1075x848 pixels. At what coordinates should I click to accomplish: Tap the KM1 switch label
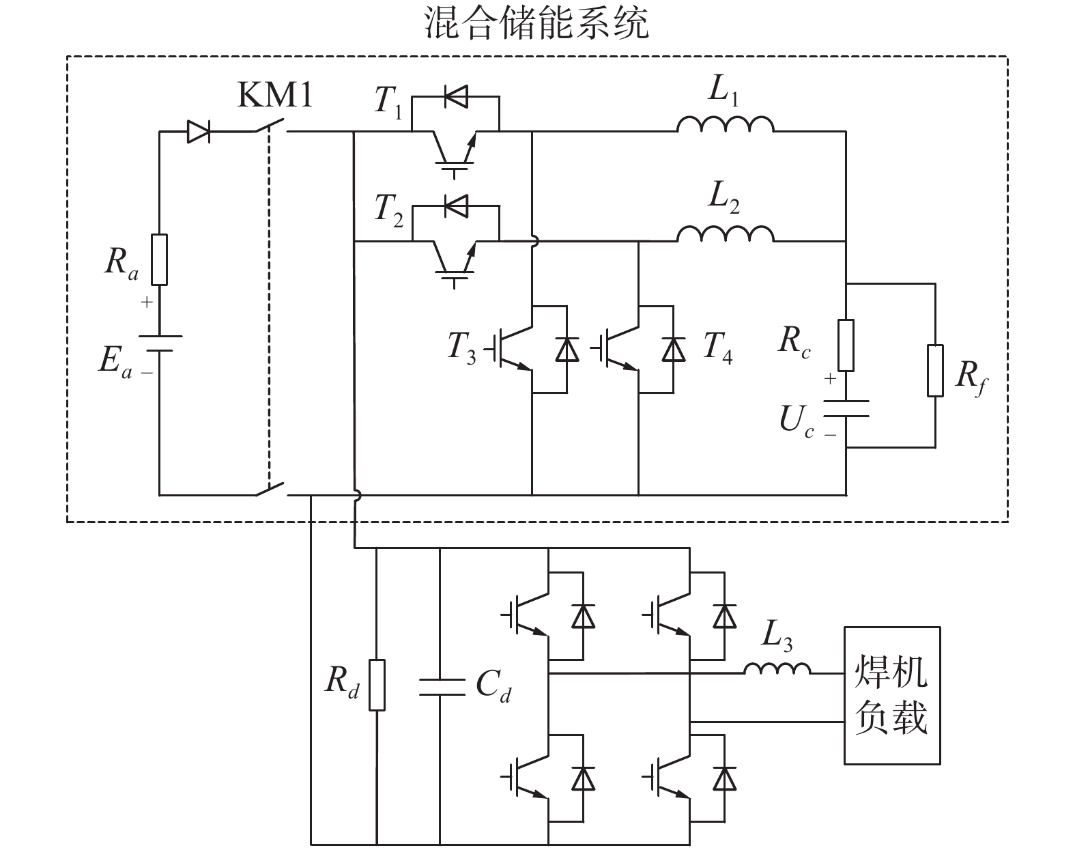274,96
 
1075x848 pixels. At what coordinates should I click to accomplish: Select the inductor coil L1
725,124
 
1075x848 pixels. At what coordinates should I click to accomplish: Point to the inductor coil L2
725,234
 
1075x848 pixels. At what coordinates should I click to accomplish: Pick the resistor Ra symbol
159,259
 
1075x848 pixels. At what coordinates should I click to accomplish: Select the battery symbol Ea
159,343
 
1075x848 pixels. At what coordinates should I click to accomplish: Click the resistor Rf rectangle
935,371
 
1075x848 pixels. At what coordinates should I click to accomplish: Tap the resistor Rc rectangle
846,345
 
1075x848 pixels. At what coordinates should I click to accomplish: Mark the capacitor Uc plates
846,408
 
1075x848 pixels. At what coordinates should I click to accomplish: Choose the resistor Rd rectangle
376,685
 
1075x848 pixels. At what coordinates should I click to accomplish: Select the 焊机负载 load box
891,694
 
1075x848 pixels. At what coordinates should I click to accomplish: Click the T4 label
717,347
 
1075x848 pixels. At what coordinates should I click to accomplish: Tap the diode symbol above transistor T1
455,97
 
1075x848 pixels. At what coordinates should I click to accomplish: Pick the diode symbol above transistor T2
455,203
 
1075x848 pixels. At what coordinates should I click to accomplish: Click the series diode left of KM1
198,132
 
